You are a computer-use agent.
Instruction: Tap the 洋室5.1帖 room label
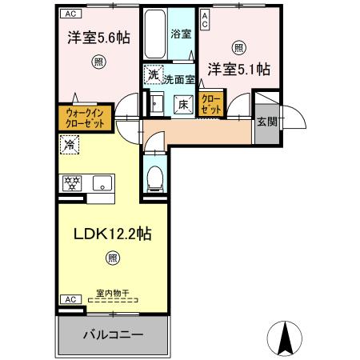(x=238, y=70)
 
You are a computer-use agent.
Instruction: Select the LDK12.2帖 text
(x=114, y=236)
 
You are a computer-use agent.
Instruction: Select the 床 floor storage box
(x=182, y=103)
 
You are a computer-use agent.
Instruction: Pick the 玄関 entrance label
(x=266, y=122)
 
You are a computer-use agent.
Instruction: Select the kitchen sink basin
(x=104, y=183)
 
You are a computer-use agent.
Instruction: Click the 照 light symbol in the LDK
(x=113, y=258)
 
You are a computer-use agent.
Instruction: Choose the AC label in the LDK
(x=69, y=298)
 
